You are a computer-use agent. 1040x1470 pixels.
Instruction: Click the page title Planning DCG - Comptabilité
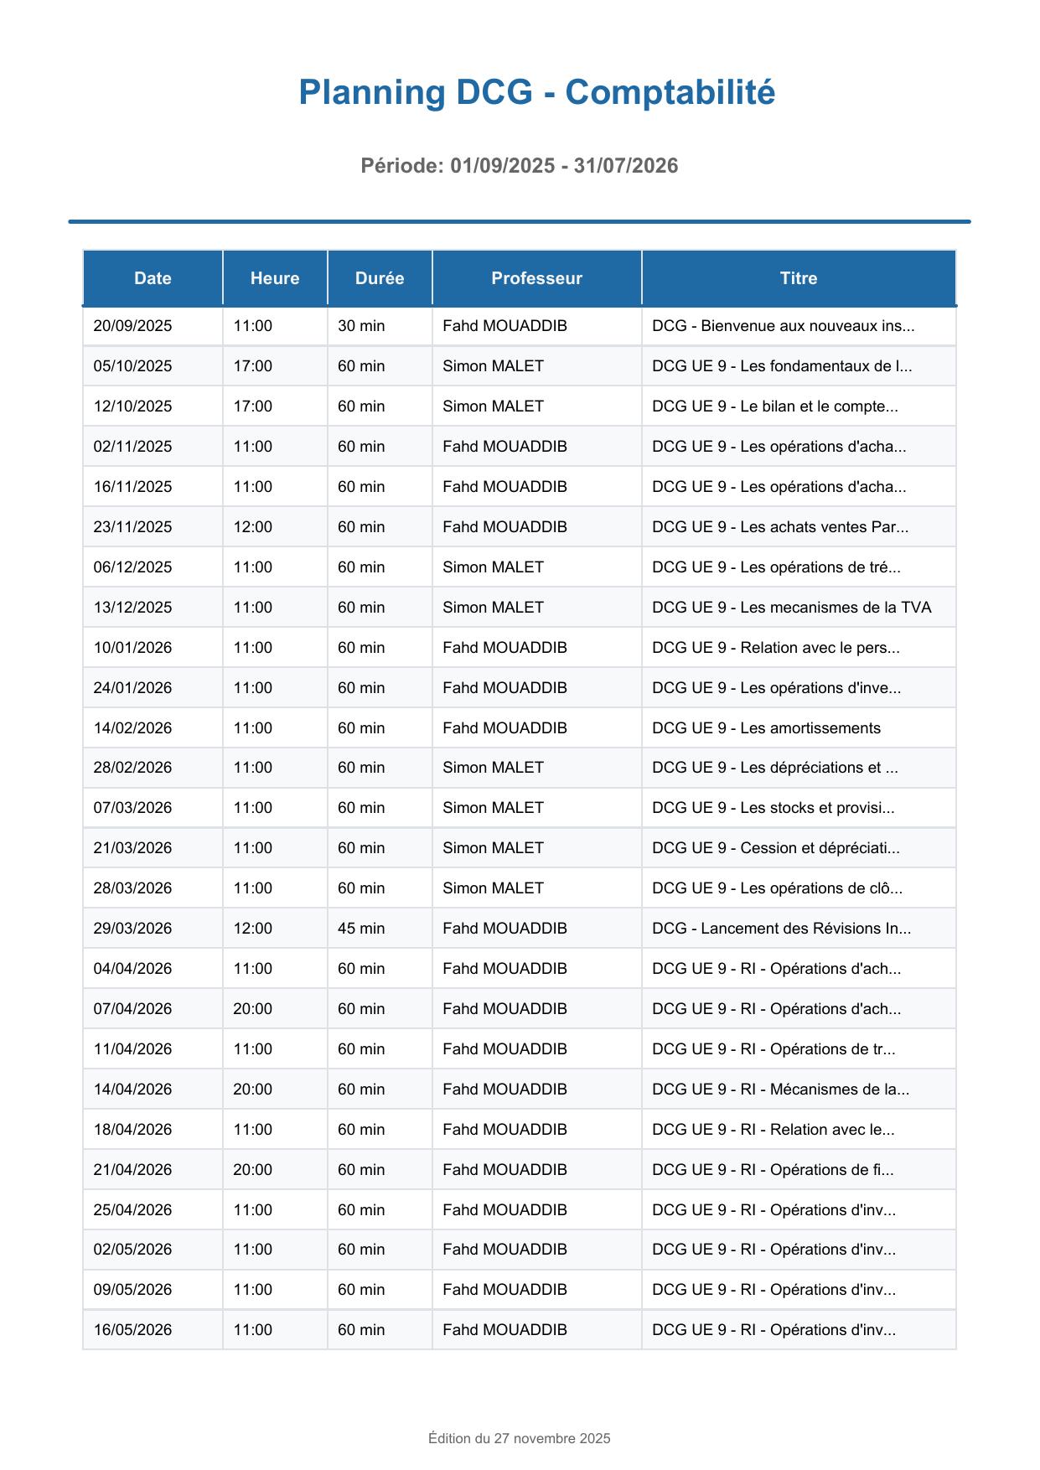(x=536, y=92)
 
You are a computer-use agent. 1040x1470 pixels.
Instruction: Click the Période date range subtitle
(x=520, y=166)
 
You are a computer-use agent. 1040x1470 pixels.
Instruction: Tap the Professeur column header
(x=536, y=278)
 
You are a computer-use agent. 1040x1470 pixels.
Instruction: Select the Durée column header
(x=379, y=278)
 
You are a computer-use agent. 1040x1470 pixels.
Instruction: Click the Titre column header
(x=798, y=278)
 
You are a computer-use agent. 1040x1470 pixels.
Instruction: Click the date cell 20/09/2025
(x=132, y=326)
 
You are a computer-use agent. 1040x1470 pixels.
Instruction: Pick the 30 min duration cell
(x=361, y=326)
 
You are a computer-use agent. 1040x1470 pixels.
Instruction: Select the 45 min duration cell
(x=361, y=929)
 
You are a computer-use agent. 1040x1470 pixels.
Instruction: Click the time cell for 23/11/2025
(x=252, y=527)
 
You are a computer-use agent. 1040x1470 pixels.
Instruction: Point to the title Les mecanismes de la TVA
(x=791, y=608)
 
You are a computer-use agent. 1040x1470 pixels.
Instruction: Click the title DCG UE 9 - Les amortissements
(x=766, y=728)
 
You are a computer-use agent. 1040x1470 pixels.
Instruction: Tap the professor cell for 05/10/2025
(x=493, y=366)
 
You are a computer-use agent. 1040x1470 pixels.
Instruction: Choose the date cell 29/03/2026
(x=132, y=929)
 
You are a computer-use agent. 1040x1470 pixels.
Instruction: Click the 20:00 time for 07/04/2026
(x=252, y=1009)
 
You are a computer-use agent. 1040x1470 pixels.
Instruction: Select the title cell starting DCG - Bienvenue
(x=783, y=326)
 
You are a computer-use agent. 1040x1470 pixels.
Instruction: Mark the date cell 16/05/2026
(x=132, y=1330)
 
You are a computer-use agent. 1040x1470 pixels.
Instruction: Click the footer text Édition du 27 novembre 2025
(x=520, y=1439)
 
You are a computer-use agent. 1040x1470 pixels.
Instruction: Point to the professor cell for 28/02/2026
(x=493, y=768)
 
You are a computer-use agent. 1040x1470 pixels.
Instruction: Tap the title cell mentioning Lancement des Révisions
(x=781, y=929)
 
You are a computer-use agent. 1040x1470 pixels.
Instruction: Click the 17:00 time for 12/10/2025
(x=252, y=406)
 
